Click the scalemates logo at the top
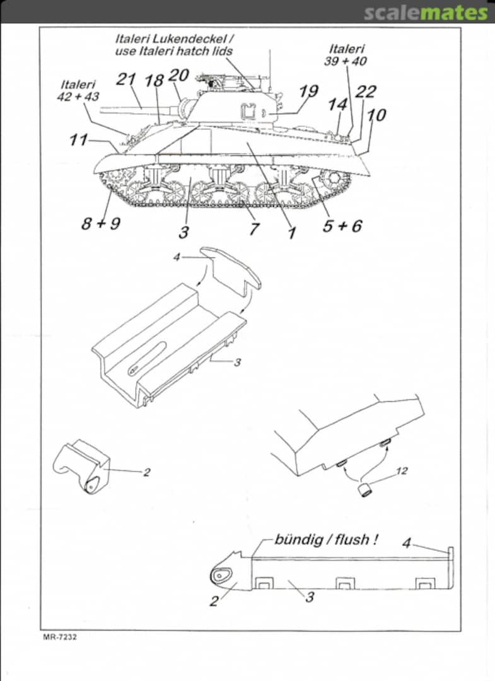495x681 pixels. tap(426, 12)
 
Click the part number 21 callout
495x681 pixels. tap(126, 79)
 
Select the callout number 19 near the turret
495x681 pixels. tap(308, 92)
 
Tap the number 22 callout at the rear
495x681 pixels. tap(365, 92)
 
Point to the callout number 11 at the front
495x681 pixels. tap(78, 139)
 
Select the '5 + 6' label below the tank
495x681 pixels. tap(342, 225)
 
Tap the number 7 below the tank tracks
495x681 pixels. tap(253, 228)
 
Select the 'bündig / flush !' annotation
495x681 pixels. tap(326, 540)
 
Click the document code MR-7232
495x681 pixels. tap(60, 637)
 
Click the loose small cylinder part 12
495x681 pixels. tap(364, 488)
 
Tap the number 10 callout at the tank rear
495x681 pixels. tap(376, 115)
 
